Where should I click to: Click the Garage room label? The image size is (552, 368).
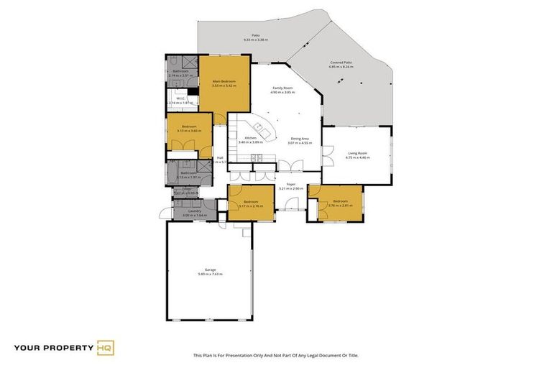211,270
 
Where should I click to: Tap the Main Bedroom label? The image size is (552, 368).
224,81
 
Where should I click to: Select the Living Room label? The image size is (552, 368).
358,152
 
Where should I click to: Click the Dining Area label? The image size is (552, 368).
300,138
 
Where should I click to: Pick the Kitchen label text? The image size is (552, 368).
251,137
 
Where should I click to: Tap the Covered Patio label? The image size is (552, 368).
341,63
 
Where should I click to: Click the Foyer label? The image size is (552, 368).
291,184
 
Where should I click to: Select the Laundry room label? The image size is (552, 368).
194,211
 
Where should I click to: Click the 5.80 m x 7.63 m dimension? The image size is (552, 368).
211,274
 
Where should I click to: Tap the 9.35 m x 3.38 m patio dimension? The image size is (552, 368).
255,40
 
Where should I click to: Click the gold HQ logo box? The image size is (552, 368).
106,349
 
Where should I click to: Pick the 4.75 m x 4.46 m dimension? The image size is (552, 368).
358,157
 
